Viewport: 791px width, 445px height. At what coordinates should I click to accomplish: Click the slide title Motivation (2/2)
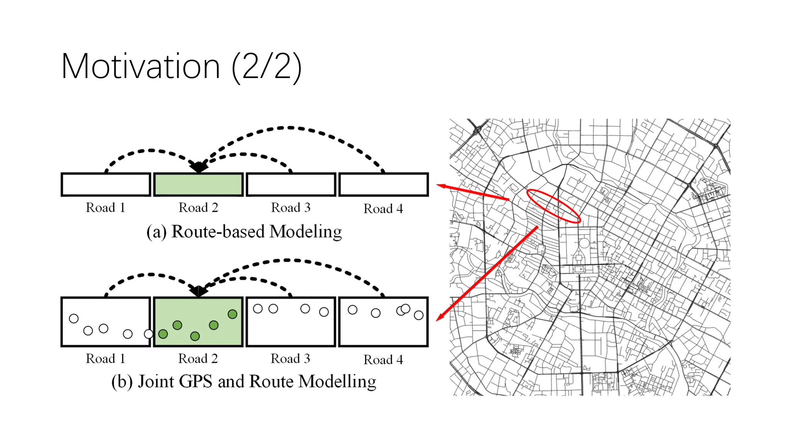tap(181, 66)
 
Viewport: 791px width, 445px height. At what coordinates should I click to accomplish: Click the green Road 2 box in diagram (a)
tap(199, 185)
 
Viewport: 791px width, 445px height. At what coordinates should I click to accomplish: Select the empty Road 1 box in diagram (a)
tap(106, 185)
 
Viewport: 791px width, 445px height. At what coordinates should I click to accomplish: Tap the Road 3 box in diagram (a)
tap(291, 185)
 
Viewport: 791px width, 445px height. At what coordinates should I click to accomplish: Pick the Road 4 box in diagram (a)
tap(384, 185)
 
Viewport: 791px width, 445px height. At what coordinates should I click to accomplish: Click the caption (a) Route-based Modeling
tap(244, 232)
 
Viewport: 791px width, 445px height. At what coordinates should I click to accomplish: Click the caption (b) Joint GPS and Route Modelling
tap(244, 382)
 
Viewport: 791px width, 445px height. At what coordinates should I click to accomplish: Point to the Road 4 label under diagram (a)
tap(383, 209)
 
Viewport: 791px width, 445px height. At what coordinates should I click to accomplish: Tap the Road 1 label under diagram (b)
tap(105, 359)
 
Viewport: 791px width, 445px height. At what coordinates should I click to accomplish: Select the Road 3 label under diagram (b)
tap(290, 359)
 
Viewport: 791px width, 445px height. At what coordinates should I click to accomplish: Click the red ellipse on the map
tap(553, 206)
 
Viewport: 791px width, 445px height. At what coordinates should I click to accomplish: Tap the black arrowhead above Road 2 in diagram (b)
tap(199, 291)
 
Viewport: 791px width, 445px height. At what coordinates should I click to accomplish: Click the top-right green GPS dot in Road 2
tap(233, 314)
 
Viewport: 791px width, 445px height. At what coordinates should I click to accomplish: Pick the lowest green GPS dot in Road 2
tap(195, 336)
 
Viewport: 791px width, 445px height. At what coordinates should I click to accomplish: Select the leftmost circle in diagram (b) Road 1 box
tap(74, 319)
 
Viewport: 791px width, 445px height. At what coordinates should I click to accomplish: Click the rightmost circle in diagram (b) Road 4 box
tap(419, 315)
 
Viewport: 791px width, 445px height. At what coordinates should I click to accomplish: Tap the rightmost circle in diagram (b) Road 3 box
tap(324, 312)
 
